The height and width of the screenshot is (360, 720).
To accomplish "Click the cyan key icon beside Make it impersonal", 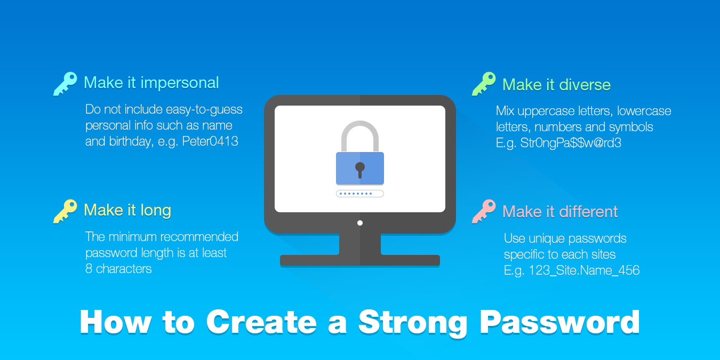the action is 65,84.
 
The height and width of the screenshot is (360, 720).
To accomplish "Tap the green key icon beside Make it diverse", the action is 484,84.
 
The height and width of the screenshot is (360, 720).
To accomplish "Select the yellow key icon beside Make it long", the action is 65,211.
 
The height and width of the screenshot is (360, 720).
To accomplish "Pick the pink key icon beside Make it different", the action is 484,211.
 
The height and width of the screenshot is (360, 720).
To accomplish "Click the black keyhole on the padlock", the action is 359,170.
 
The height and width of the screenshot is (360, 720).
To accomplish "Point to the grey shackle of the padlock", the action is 359,124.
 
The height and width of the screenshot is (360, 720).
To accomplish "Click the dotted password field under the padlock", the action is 359,194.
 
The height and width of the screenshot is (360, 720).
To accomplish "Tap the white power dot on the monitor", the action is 360,223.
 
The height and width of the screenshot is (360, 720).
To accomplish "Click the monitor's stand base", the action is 359,260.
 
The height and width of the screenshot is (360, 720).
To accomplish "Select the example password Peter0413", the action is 210,141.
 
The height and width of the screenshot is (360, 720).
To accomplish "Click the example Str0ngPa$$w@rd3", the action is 571,143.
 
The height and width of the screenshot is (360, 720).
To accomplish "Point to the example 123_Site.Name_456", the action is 584,270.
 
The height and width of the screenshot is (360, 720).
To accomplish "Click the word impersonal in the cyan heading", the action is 180,83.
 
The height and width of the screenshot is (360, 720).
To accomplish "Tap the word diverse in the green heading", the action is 585,85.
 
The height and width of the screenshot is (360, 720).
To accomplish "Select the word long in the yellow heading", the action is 156,211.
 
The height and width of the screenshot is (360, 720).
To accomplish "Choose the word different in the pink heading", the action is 588,212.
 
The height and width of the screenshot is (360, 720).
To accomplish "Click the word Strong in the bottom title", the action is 413,323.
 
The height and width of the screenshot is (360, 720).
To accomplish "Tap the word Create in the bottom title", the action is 261,322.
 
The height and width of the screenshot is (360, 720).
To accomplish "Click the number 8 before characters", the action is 89,269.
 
